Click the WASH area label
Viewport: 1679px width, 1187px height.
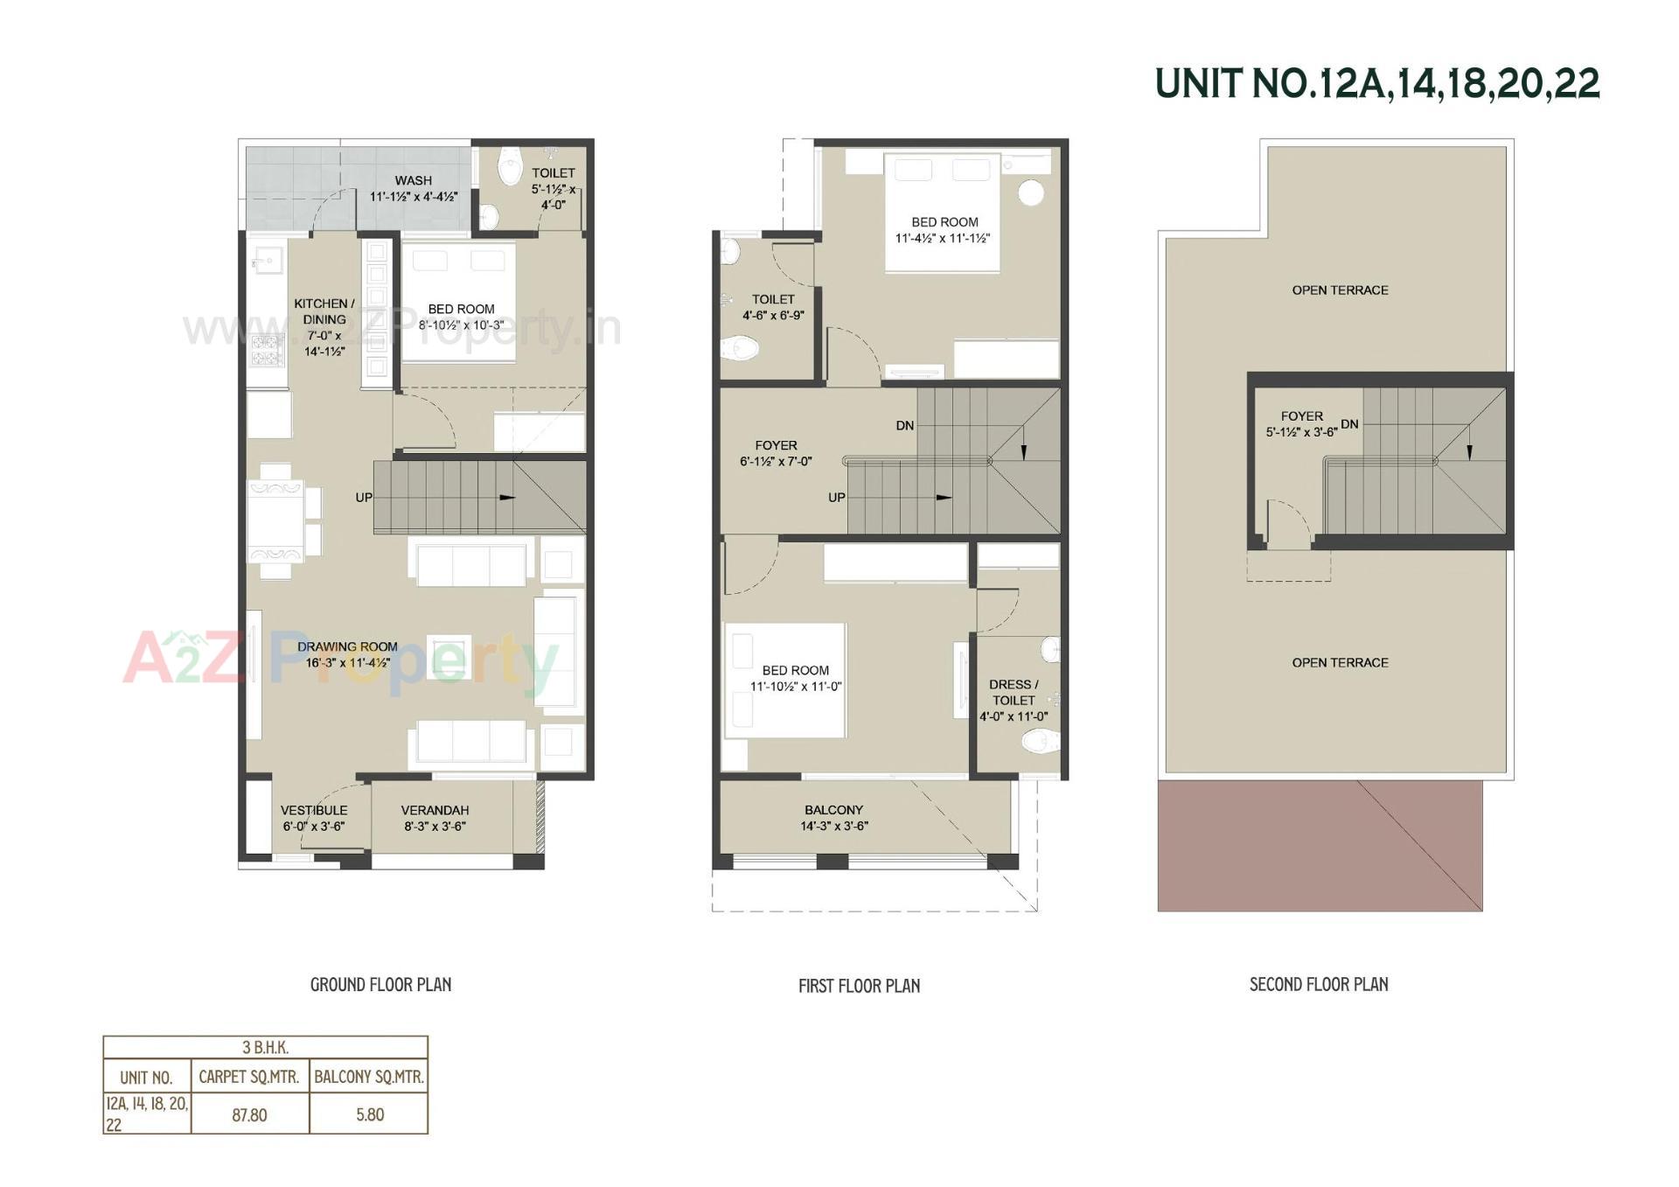click(x=413, y=181)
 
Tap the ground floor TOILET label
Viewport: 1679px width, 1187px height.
click(x=554, y=173)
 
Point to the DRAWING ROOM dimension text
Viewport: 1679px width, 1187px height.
click(x=347, y=663)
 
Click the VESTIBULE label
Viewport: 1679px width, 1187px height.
click(x=314, y=811)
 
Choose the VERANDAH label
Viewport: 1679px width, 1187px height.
click(x=435, y=811)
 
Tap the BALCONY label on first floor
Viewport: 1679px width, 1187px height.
click(x=833, y=811)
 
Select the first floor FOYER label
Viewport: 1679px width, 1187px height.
click(x=776, y=445)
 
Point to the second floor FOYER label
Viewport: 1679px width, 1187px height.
click(x=1301, y=416)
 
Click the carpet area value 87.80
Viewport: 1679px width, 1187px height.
click(x=249, y=1115)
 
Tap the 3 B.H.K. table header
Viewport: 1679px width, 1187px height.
click(x=265, y=1047)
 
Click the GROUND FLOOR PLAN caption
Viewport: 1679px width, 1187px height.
click(x=380, y=985)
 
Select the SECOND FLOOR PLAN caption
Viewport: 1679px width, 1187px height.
click(x=1319, y=985)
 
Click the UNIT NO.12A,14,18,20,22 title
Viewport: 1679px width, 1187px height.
click(x=1377, y=84)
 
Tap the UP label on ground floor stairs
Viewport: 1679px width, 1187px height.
click(x=364, y=498)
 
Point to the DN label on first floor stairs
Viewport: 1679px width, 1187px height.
click(x=904, y=426)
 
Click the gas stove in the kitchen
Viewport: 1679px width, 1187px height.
click(x=267, y=349)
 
